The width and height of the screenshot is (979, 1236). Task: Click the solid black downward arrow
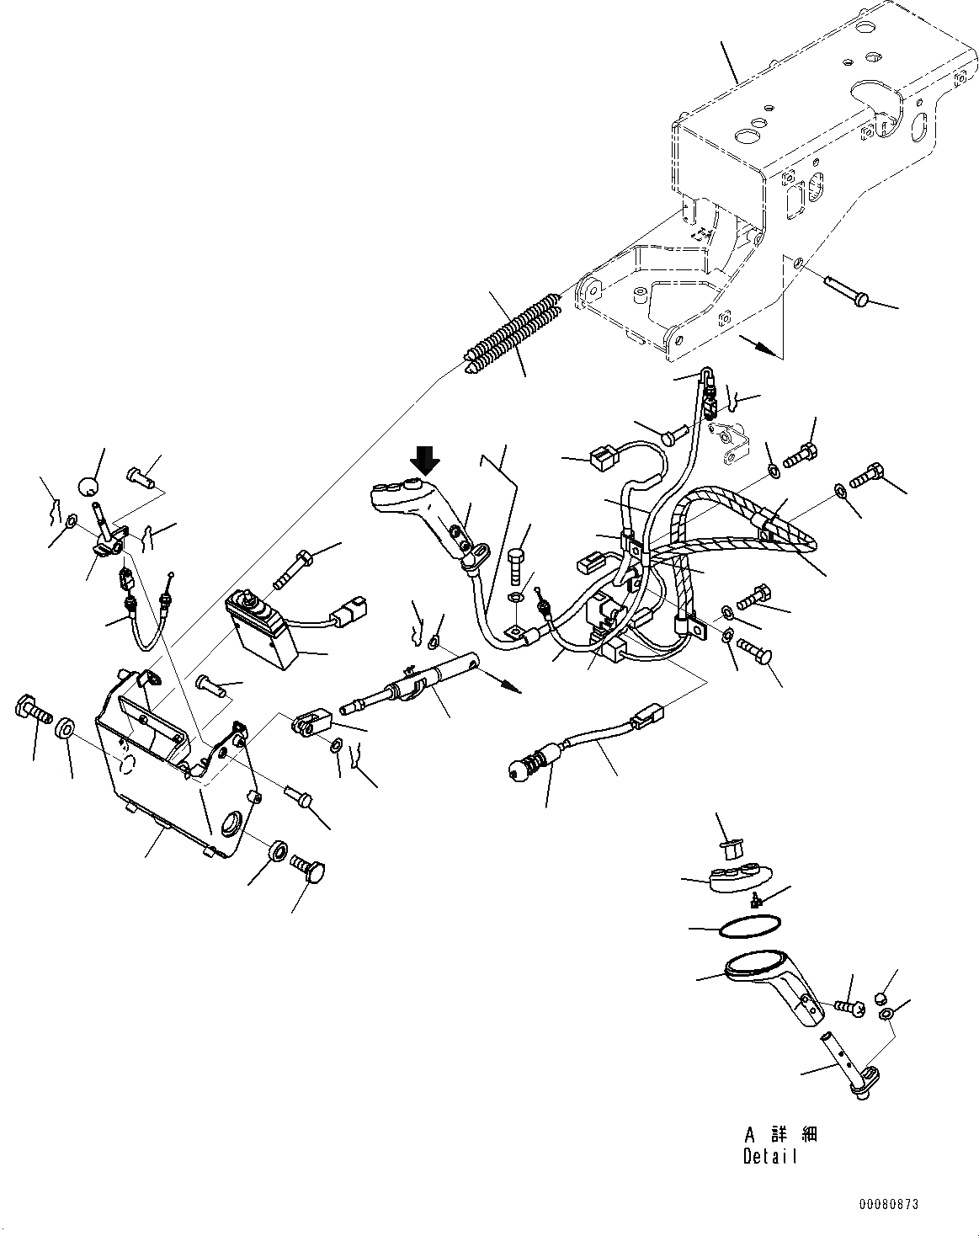[x=426, y=461]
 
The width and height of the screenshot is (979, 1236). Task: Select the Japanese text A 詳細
[x=779, y=1134]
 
